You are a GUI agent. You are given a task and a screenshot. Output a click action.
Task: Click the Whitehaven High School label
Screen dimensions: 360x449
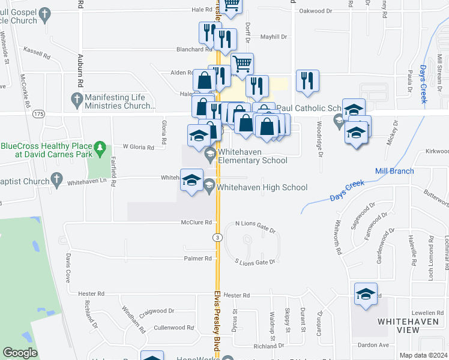(262, 188)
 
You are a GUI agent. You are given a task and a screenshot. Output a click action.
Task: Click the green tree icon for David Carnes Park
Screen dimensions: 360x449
(101, 146)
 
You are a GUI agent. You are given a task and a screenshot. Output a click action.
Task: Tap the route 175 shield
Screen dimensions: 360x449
(39, 113)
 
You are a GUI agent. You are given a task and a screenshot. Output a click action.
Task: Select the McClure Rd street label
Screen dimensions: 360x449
(197, 223)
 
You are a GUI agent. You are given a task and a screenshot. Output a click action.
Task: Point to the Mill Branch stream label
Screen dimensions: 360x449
(394, 172)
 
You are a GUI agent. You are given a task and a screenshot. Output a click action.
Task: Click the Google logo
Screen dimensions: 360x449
(20, 353)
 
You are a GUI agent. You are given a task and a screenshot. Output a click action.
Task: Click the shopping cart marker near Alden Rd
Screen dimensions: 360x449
(242, 64)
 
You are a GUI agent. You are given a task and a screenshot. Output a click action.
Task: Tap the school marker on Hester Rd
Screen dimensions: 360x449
(366, 295)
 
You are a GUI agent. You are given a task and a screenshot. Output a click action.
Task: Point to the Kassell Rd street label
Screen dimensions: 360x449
(35, 53)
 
